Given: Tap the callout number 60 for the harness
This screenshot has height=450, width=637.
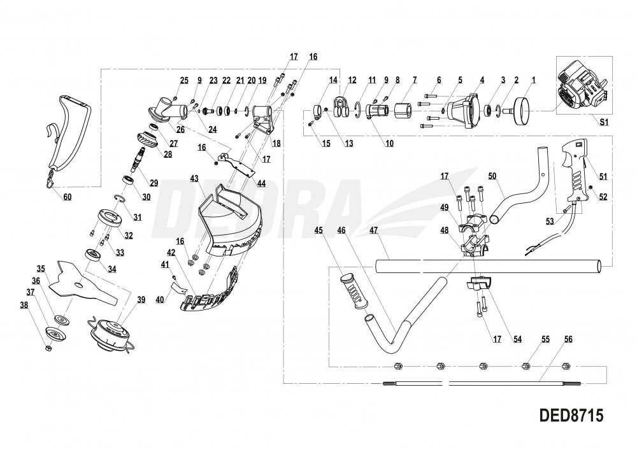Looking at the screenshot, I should tap(68, 197).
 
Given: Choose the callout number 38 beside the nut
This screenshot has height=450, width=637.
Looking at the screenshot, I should tap(24, 305).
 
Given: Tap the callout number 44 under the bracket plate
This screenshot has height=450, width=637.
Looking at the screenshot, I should tap(262, 183).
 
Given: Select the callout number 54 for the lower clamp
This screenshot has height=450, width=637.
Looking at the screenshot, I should tap(518, 341).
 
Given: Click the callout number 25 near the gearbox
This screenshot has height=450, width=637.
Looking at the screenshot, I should tap(184, 80).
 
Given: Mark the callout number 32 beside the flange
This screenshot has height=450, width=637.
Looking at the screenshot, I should tap(128, 235).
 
